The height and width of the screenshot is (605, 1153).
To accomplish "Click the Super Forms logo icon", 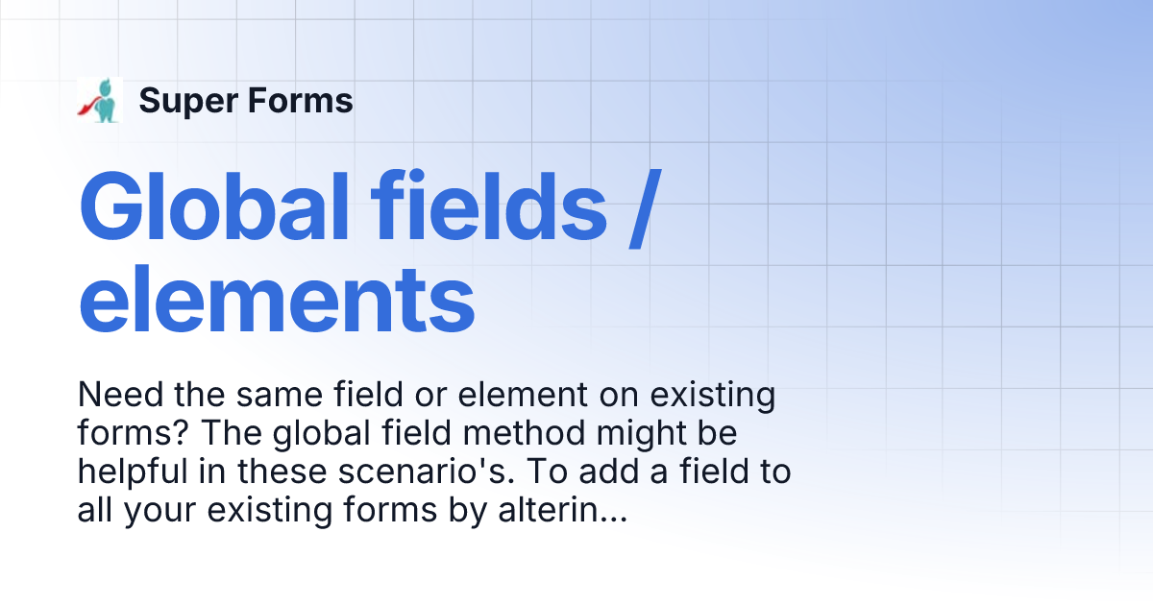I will [100, 100].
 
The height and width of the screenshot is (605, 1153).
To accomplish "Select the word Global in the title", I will [212, 208].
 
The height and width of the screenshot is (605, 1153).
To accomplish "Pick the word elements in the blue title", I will [277, 301].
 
